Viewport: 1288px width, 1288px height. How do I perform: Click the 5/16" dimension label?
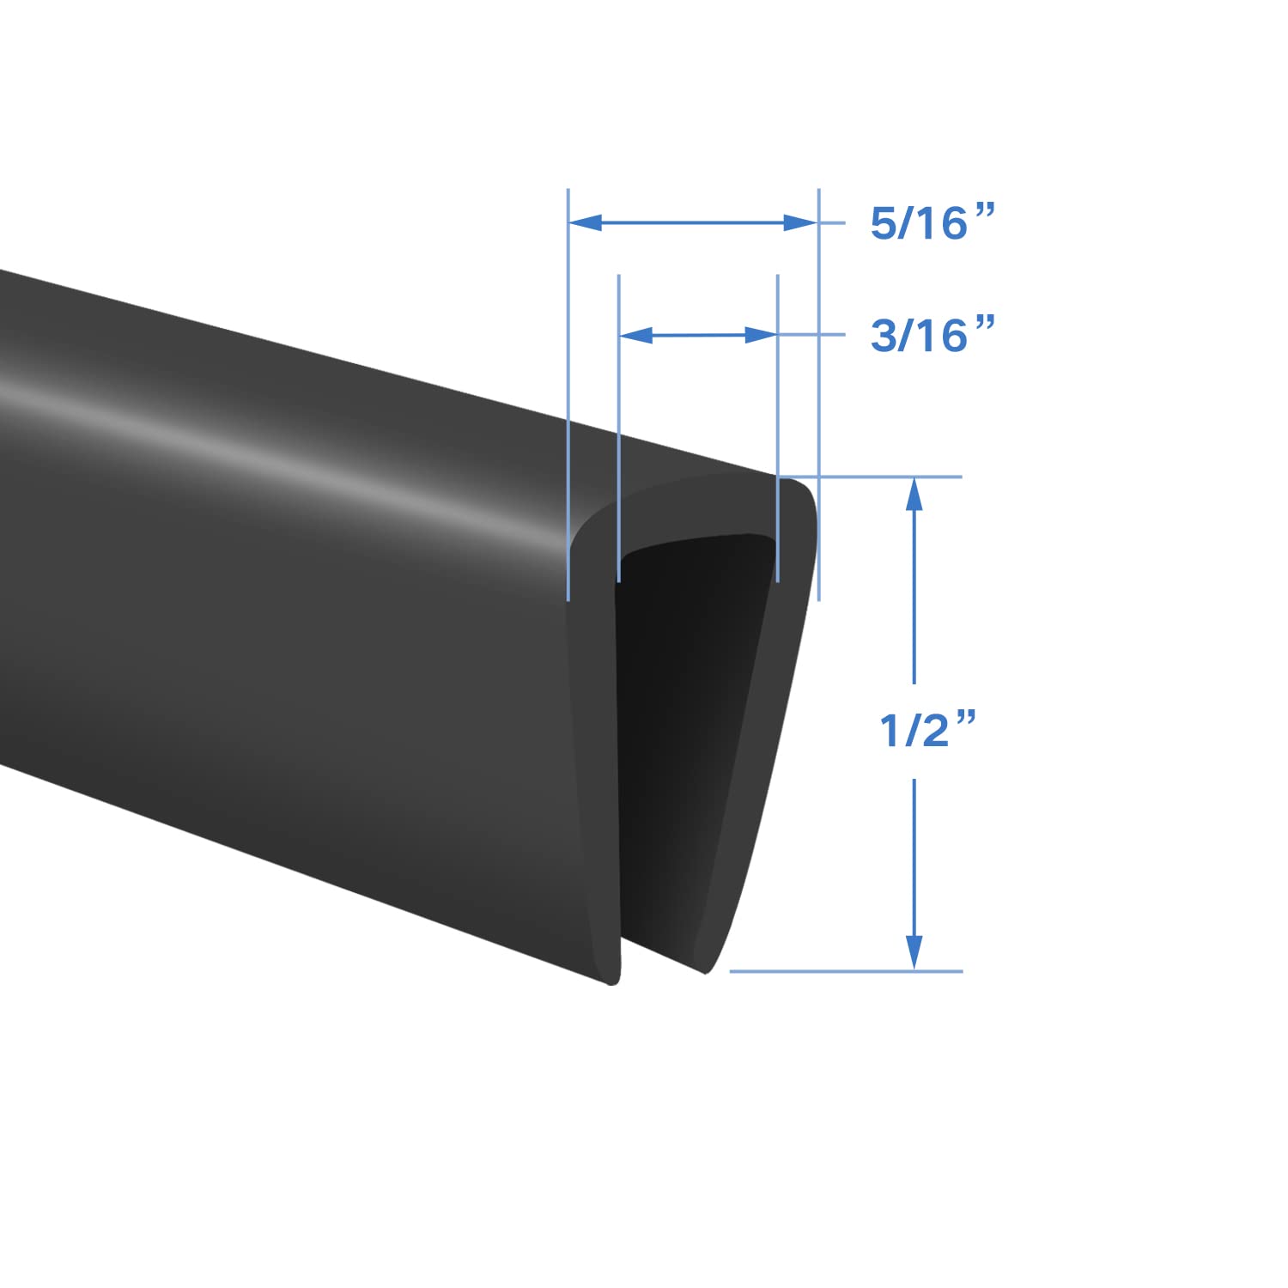pyautogui.click(x=931, y=224)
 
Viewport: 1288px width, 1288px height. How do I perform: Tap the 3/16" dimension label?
pyautogui.click(x=931, y=336)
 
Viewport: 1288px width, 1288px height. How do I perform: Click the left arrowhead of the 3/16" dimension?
pyautogui.click(x=635, y=336)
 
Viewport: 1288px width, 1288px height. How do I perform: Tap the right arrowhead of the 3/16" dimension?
pyautogui.click(x=762, y=336)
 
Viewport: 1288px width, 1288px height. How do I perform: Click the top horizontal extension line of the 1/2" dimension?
pyautogui.click(x=884, y=477)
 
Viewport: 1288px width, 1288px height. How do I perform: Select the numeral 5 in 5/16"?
pyautogui.click(x=883, y=224)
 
